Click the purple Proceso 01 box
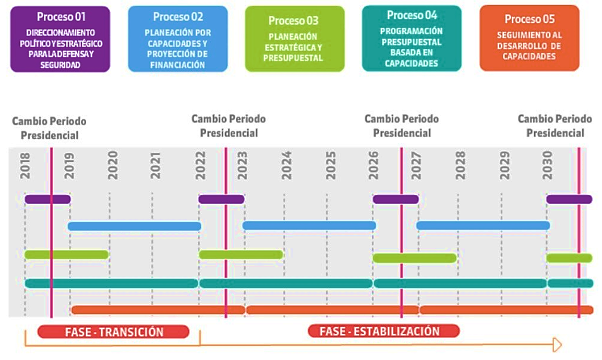[x=61, y=39]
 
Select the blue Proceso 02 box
[x=178, y=39]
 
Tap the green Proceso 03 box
[x=295, y=39]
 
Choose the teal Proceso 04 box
[x=412, y=39]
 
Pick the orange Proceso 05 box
[x=529, y=38]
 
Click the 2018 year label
[x=25, y=166]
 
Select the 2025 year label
[x=331, y=165]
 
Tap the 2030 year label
[x=547, y=165]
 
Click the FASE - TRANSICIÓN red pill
[x=114, y=332]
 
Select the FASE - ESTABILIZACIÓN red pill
[x=383, y=331]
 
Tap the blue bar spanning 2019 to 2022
[x=135, y=226]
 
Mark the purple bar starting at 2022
[x=221, y=199]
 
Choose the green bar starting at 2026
[x=415, y=258]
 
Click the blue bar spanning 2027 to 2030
[x=483, y=225]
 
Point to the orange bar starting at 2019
[x=158, y=310]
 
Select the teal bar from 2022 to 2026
[x=286, y=284]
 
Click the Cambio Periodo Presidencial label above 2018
[x=49, y=128]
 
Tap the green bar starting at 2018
[x=66, y=254]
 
